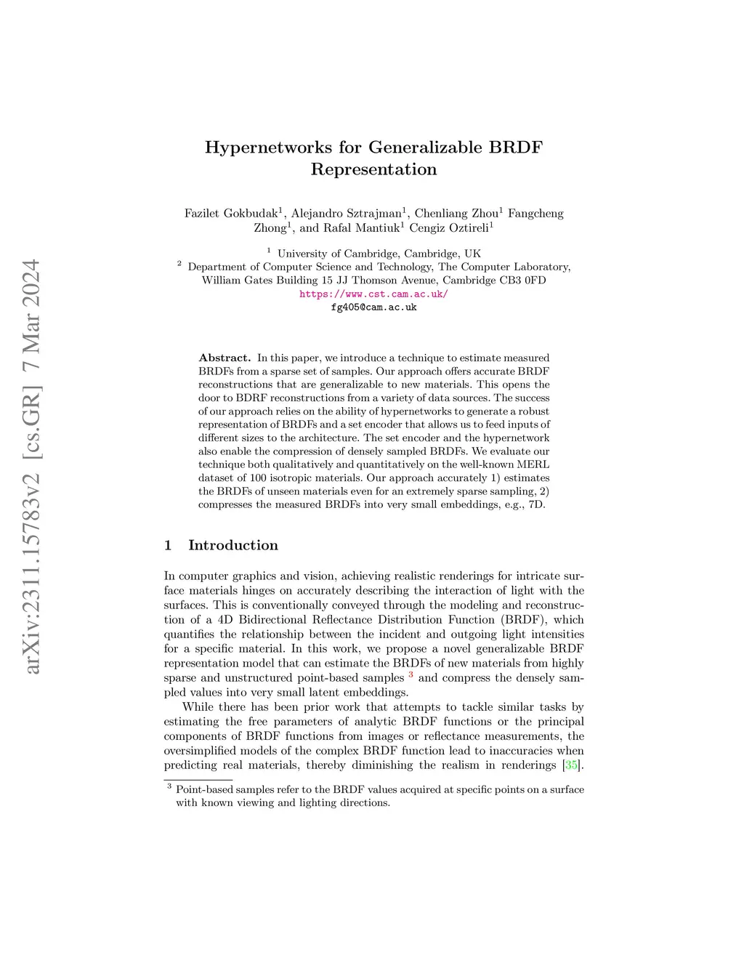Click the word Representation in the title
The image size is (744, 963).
pyautogui.click(x=373, y=169)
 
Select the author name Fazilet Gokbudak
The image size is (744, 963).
pyautogui.click(x=231, y=214)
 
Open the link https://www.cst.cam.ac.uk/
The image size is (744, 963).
pyautogui.click(x=373, y=294)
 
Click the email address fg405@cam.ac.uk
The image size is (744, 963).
pyautogui.click(x=373, y=307)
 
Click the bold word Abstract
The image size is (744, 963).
pyautogui.click(x=225, y=358)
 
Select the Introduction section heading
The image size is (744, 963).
pyautogui.click(x=232, y=545)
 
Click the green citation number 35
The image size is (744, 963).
pyautogui.click(x=572, y=765)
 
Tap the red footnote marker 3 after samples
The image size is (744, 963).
pyautogui.click(x=411, y=675)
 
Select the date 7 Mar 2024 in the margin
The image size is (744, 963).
pyautogui.click(x=33, y=316)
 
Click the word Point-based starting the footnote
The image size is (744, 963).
pyautogui.click(x=204, y=790)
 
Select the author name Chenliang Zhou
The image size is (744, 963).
pyautogui.click(x=456, y=214)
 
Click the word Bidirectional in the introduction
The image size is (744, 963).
pyautogui.click(x=273, y=620)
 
